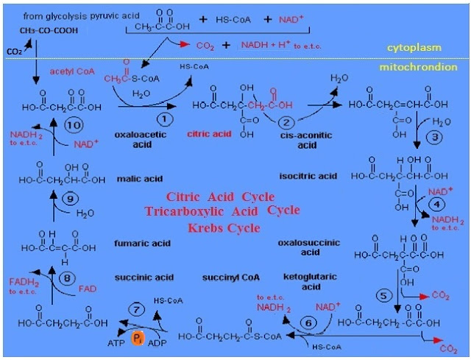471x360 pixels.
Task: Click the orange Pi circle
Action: click(x=138, y=339)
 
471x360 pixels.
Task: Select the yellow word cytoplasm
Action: click(x=414, y=48)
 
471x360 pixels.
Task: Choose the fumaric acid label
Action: click(x=142, y=243)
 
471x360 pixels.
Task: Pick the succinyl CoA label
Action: click(x=231, y=278)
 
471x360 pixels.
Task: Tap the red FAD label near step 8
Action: click(x=87, y=289)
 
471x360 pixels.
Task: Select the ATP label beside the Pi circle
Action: click(x=116, y=344)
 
